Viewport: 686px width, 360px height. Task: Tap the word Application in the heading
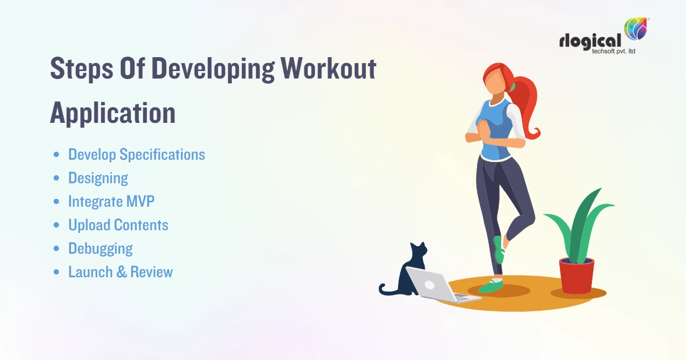click(x=113, y=113)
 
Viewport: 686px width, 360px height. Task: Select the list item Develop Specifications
click(x=136, y=155)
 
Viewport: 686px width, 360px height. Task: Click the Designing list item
click(x=98, y=178)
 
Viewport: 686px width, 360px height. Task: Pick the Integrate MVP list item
click(x=111, y=201)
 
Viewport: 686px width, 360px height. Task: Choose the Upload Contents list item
click(x=118, y=225)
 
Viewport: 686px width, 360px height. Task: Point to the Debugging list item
click(x=100, y=248)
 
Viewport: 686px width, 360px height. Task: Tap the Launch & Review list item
click(x=120, y=272)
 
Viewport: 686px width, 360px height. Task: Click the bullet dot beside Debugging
click(x=57, y=249)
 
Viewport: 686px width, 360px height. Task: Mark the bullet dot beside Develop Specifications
click(x=57, y=155)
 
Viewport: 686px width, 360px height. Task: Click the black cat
click(x=408, y=272)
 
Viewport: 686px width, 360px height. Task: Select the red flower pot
click(x=576, y=275)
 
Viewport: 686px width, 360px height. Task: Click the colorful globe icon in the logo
click(x=636, y=29)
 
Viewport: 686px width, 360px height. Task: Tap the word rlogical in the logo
click(x=590, y=41)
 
